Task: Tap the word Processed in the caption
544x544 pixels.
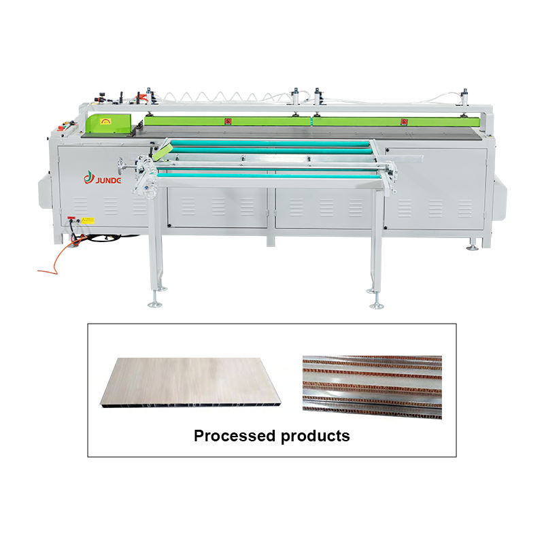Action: [233, 436]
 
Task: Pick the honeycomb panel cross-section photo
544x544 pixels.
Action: [371, 386]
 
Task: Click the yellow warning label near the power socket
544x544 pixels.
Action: [87, 220]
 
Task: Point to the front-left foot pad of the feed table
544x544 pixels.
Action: [155, 303]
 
